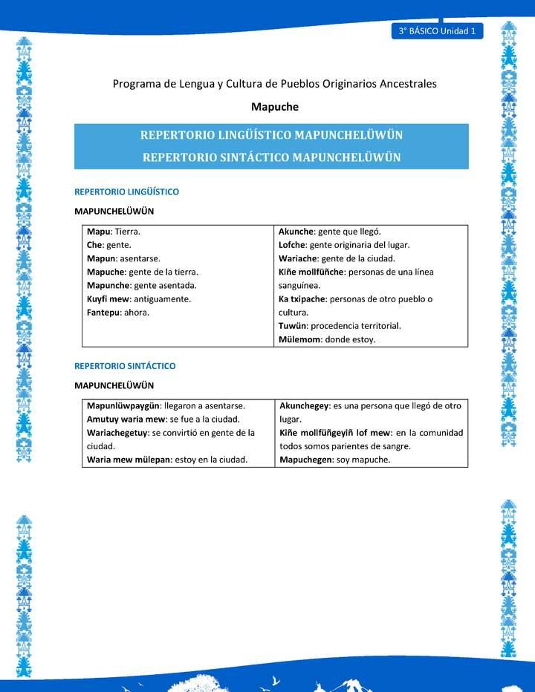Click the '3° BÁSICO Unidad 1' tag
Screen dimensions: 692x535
pyautogui.click(x=436, y=31)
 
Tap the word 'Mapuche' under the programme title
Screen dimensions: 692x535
pyautogui.click(x=275, y=107)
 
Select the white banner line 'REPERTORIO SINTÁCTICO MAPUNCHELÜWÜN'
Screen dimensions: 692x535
pyautogui.click(x=271, y=157)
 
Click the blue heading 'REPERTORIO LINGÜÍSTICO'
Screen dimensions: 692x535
pyautogui.click(x=126, y=192)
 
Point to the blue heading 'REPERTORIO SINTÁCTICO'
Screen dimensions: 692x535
pyautogui.click(x=125, y=366)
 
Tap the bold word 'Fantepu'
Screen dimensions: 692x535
pyautogui.click(x=103, y=312)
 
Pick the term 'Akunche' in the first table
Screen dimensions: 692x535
pyautogui.click(x=296, y=232)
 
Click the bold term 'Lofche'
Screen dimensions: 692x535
pyautogui.click(x=291, y=245)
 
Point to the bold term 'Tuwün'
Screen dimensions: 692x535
pyautogui.click(x=292, y=326)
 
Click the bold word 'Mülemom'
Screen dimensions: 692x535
pyautogui.click(x=299, y=339)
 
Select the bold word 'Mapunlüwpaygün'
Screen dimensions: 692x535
pyautogui.click(x=123, y=406)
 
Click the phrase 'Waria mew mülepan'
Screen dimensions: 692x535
pyautogui.click(x=129, y=460)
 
